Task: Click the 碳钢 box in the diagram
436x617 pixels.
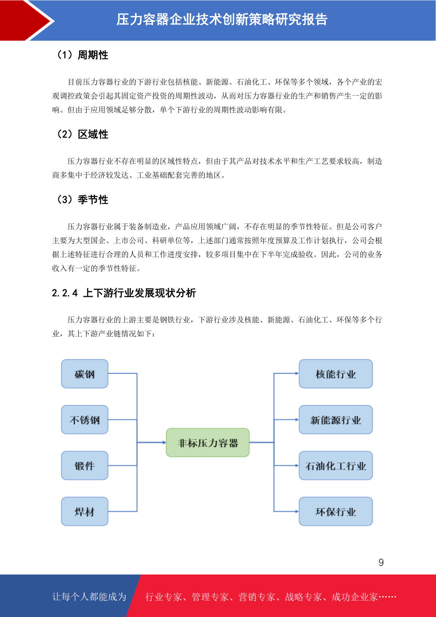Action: click(85, 373)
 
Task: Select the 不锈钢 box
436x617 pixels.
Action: click(85, 420)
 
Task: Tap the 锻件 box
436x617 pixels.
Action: click(85, 466)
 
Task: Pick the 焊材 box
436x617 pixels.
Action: click(85, 511)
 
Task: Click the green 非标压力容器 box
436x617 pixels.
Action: click(208, 443)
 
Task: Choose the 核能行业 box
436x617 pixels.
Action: click(336, 373)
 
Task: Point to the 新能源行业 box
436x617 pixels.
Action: click(336, 420)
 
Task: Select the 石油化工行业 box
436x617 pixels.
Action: click(336, 466)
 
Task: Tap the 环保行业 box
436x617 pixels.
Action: click(336, 511)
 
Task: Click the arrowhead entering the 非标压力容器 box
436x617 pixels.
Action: click(164, 443)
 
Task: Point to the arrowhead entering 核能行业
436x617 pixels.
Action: click(297, 373)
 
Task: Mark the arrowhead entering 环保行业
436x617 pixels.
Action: click(297, 511)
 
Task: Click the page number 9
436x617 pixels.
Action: click(381, 562)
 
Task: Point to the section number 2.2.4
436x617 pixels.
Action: click(65, 293)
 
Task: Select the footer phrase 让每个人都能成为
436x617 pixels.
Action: click(89, 596)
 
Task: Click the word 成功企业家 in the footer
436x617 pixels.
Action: click(354, 596)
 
